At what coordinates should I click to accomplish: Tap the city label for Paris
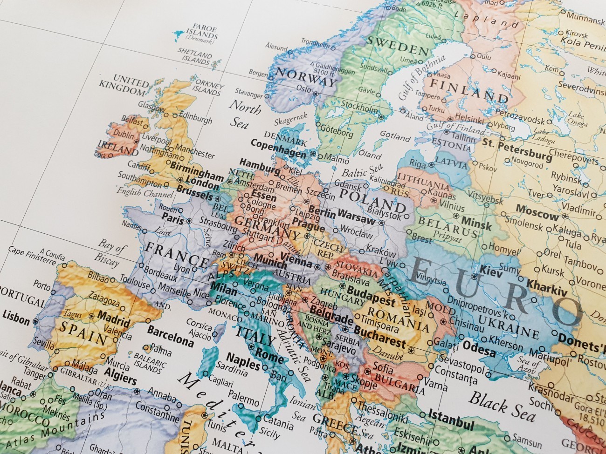pos(172,217)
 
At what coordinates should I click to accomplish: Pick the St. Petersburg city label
pos(517,149)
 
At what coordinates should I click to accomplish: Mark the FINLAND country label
pos(468,90)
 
